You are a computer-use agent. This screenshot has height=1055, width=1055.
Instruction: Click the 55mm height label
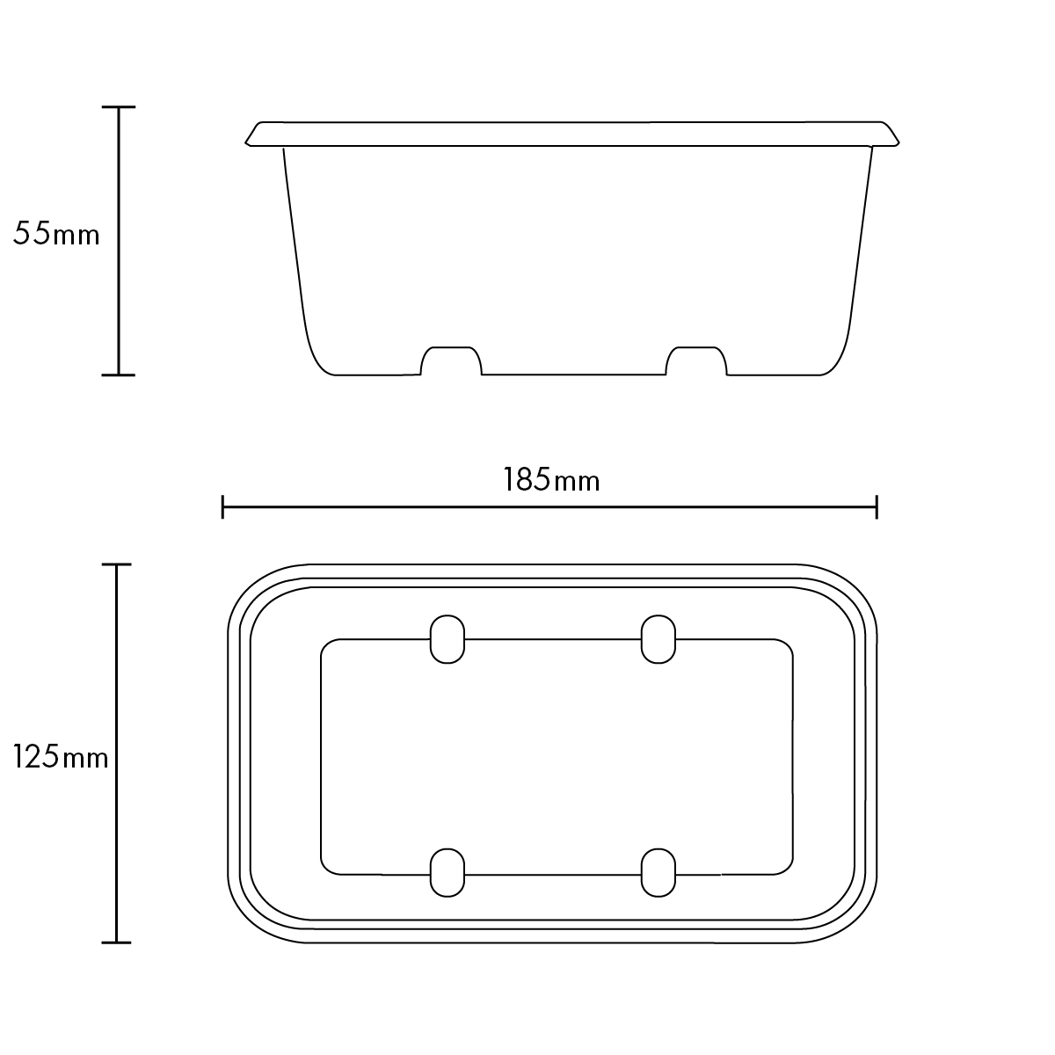[56, 235]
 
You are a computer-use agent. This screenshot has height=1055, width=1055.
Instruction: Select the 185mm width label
[551, 480]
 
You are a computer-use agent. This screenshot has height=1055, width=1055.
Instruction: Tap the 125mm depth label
[61, 756]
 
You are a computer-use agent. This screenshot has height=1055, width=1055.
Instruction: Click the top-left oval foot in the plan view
[447, 639]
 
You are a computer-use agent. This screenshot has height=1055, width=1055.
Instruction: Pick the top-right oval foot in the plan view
[658, 639]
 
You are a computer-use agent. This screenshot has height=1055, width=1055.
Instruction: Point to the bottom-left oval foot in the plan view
[447, 873]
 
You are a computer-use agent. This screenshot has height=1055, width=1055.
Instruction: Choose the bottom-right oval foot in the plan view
[658, 873]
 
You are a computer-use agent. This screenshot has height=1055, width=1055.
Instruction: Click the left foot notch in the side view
[452, 361]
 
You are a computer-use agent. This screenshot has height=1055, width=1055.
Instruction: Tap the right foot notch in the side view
[696, 361]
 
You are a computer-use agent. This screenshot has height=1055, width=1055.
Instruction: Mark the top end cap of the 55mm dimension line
[119, 107]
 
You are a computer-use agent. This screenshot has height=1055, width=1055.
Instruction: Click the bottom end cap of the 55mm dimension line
[119, 375]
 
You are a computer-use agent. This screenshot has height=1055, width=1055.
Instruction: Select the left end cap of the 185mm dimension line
[223, 506]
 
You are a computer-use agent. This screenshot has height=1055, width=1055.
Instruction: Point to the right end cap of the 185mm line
[877, 506]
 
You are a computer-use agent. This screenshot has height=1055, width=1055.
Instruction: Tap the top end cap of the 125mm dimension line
[117, 564]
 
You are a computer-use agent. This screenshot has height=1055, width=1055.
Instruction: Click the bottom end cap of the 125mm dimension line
[117, 942]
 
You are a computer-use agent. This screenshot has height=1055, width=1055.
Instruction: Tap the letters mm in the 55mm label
[76, 236]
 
